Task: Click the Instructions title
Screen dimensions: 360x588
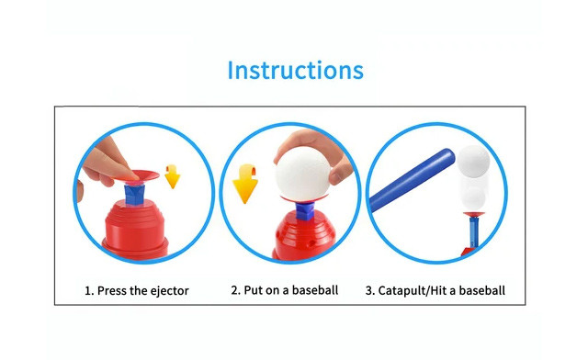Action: [295, 70]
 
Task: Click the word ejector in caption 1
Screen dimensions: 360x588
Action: [166, 291]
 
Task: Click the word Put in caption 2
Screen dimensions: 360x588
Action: [254, 291]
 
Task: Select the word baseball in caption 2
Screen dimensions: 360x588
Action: [314, 291]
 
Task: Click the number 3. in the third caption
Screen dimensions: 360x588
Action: [370, 291]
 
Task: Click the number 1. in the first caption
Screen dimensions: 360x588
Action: [89, 291]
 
